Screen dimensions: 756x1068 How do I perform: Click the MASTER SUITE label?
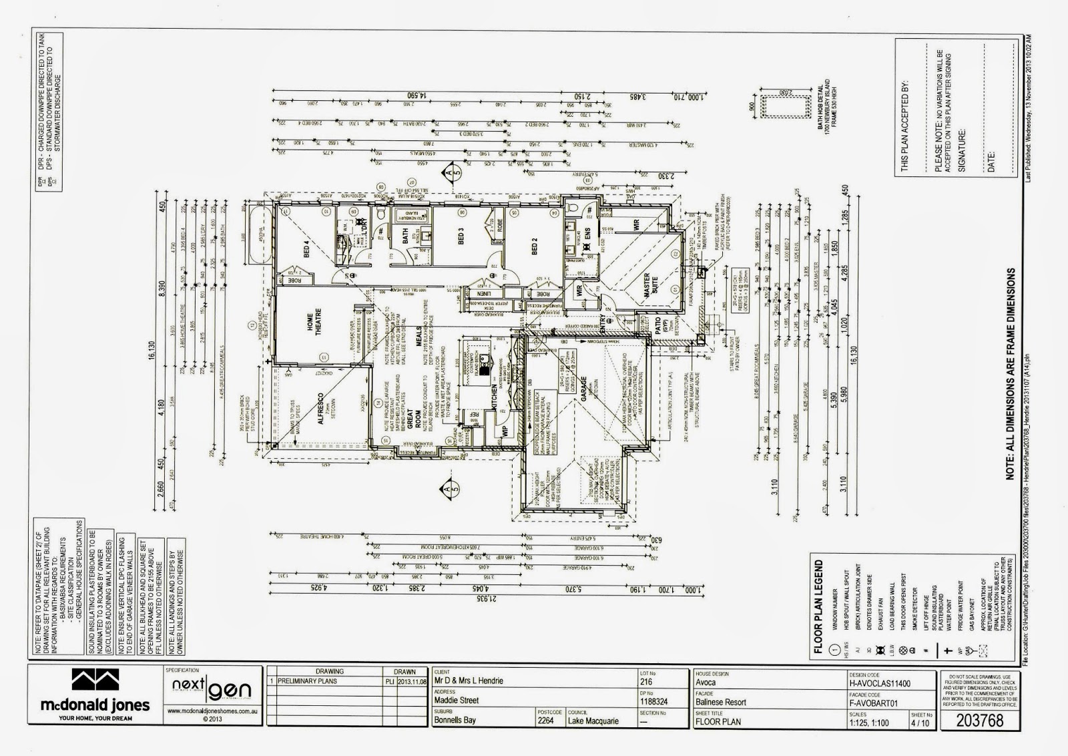(646, 287)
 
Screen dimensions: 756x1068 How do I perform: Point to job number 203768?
(979, 721)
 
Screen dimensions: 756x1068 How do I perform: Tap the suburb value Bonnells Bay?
(460, 721)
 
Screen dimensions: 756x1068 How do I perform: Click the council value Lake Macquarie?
(593, 721)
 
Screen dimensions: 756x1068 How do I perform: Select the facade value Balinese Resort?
(720, 702)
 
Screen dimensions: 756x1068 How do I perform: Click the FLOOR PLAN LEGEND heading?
(819, 605)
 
